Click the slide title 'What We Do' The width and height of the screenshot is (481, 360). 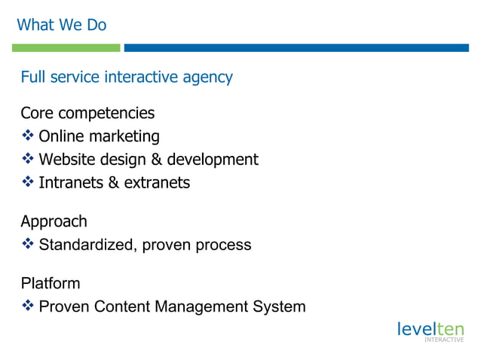click(61, 25)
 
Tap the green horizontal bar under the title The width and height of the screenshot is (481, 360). click(66, 47)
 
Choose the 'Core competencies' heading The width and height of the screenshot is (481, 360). click(87, 114)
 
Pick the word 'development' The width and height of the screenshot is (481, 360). click(213, 160)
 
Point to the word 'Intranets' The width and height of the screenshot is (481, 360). click(70, 182)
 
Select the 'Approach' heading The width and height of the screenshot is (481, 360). click(54, 222)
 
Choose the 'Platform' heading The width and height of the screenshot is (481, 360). click(50, 284)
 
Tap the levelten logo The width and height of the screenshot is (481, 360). click(430, 331)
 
